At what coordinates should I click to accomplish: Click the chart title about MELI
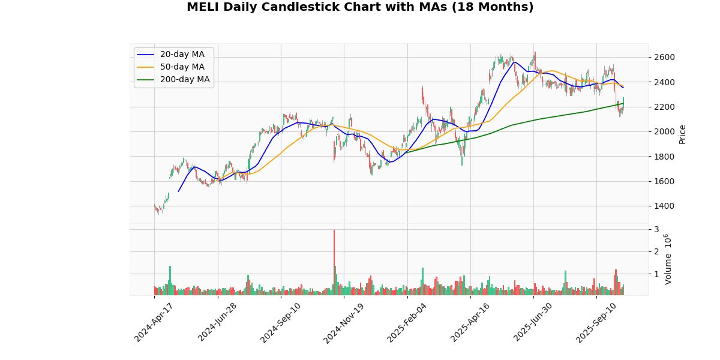pos(360,7)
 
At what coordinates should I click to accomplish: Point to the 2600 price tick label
pos(664,58)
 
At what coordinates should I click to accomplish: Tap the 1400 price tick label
pos(664,206)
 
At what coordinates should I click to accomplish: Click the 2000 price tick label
pos(664,131)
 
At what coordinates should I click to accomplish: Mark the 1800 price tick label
pos(664,157)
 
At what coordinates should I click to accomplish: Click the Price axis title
pos(682,134)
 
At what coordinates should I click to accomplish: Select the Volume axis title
pos(668,259)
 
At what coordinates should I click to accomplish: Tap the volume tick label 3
pos(656,229)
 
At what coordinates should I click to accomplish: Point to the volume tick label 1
pos(656,274)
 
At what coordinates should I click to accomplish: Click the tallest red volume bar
pos(334,262)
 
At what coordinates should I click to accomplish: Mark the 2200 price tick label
pos(664,107)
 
